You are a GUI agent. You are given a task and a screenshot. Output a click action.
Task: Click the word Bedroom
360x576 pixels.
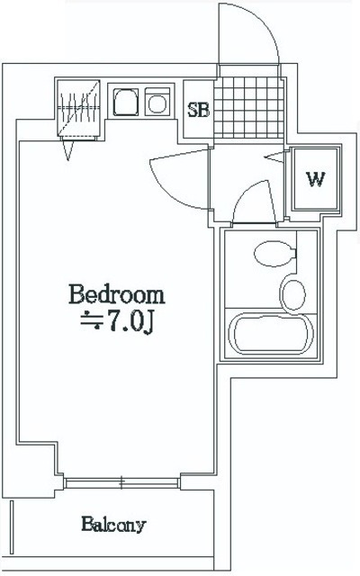(x=117, y=294)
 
